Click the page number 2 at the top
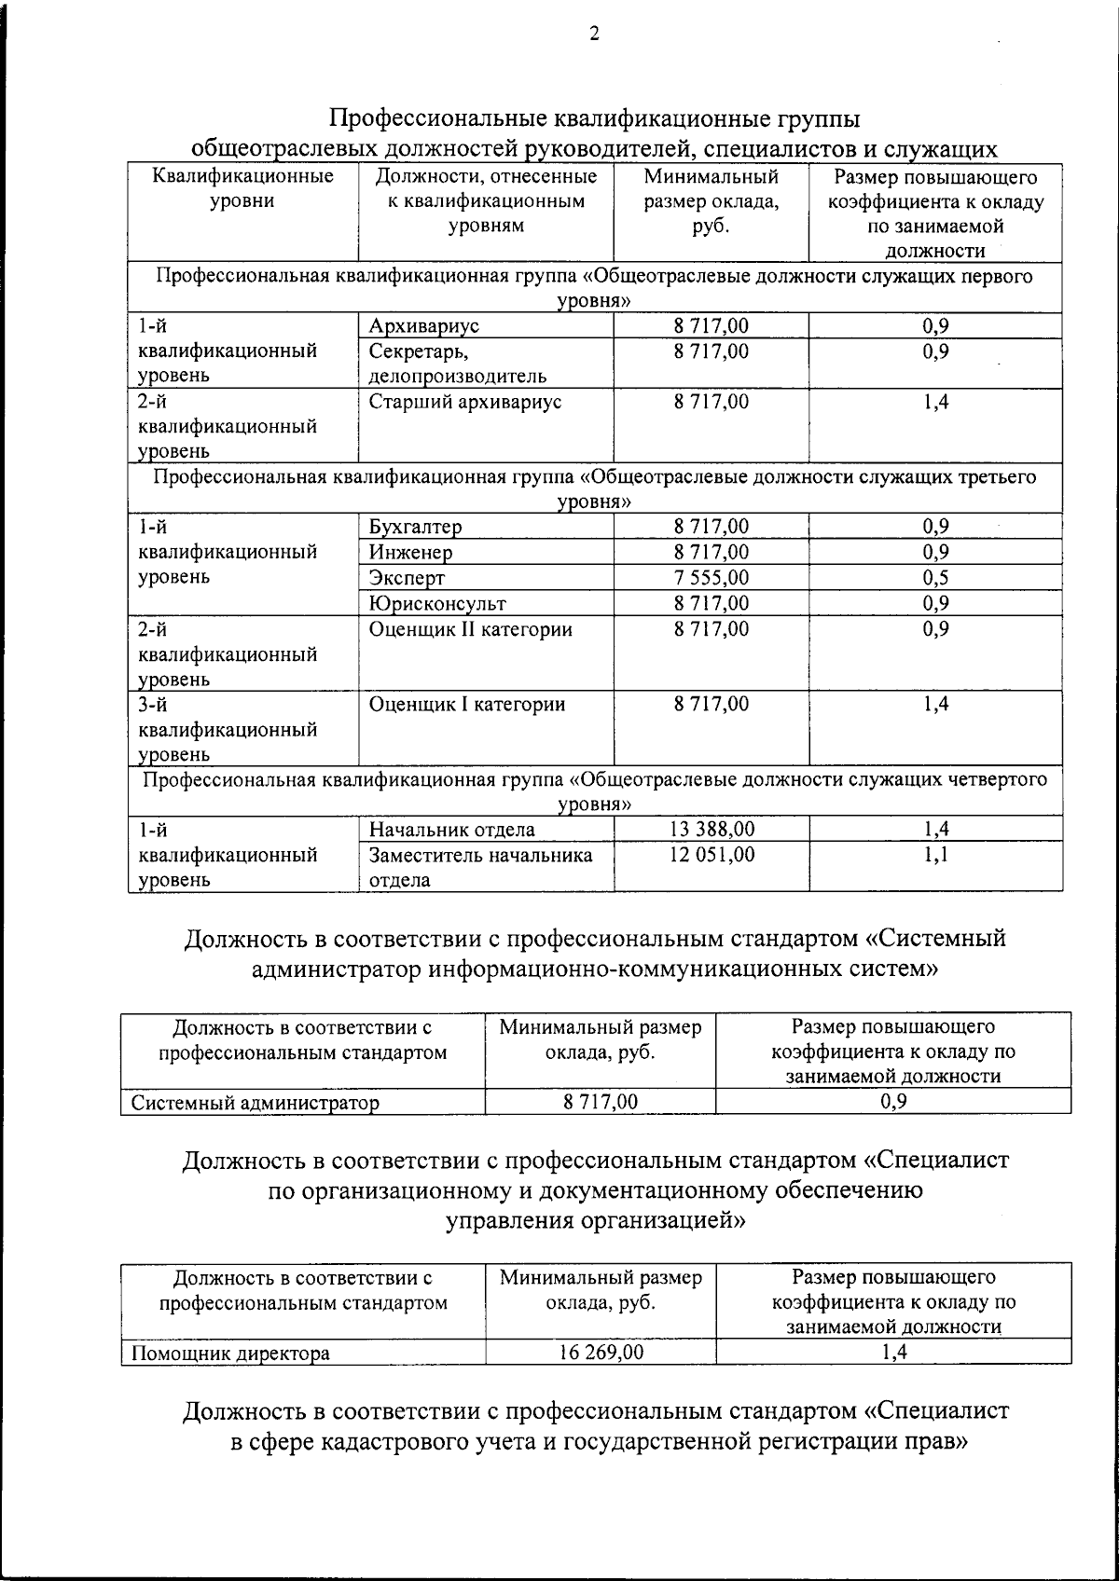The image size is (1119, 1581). [x=594, y=34]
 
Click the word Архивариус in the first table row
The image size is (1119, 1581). [x=423, y=326]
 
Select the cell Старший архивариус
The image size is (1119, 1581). [x=464, y=403]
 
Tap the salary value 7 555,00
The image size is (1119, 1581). [x=711, y=578]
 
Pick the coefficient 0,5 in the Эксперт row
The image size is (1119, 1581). [x=935, y=578]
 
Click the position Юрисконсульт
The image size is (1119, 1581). [x=437, y=604]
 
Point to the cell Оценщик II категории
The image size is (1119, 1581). [x=470, y=630]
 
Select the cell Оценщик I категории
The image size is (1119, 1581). [x=466, y=705]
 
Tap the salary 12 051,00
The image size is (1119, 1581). [x=711, y=855]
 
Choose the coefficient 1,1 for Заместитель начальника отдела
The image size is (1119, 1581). [x=935, y=855]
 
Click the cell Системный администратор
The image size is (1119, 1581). [x=255, y=1104]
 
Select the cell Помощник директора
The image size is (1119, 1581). [x=229, y=1354]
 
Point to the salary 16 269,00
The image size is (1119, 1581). [x=601, y=1353]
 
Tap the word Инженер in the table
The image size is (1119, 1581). [x=410, y=553]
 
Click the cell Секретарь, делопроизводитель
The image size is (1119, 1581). [x=457, y=364]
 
